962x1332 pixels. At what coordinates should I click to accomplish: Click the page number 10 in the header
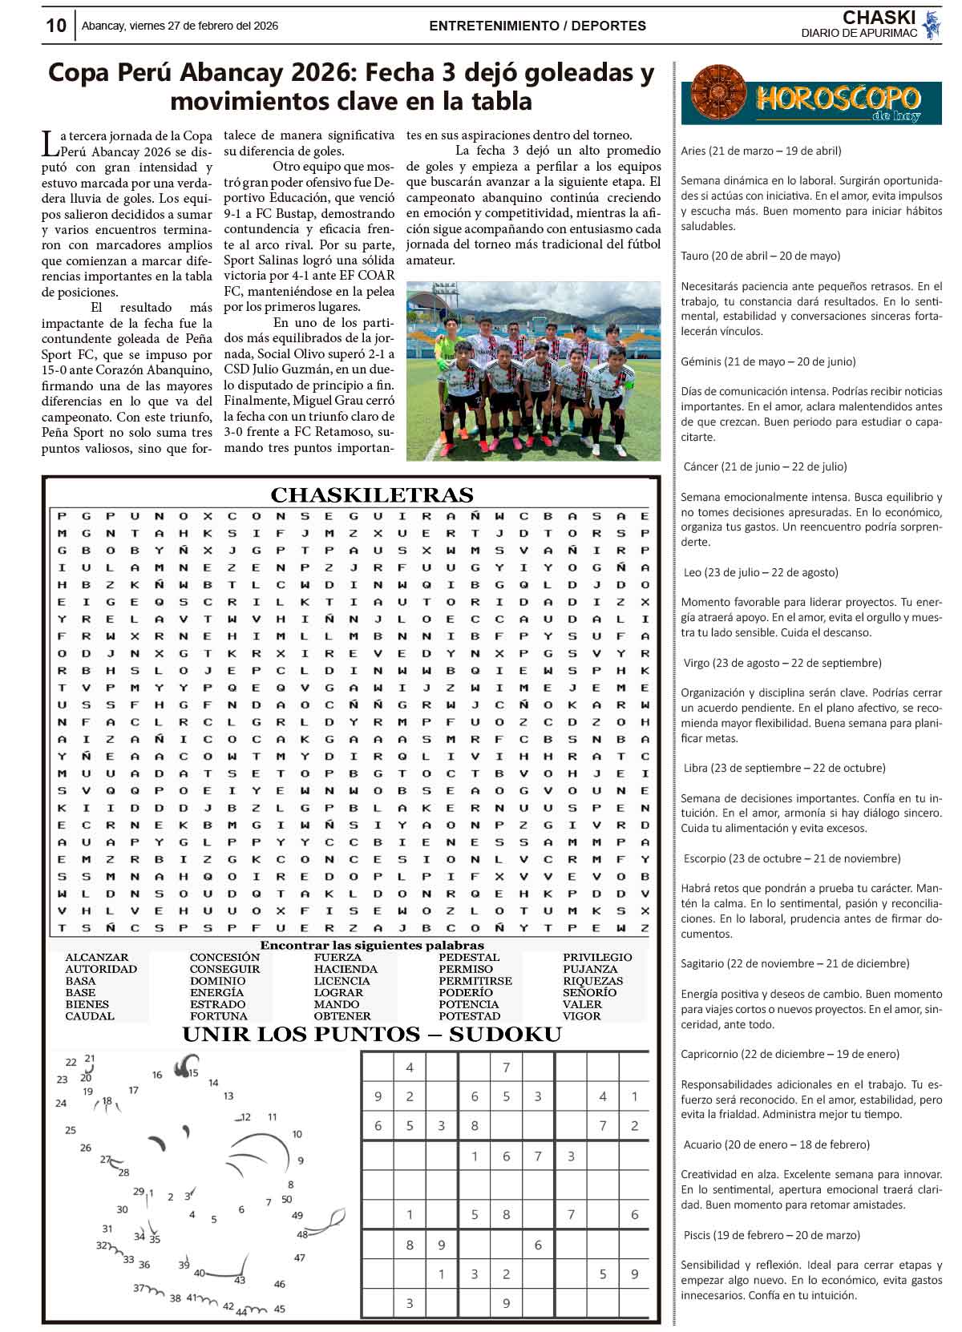[x=56, y=26]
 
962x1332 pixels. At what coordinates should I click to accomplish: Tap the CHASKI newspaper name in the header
[x=879, y=18]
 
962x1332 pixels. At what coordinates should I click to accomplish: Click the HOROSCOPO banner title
[x=837, y=99]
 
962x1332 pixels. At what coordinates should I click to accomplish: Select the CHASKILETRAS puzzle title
[x=372, y=494]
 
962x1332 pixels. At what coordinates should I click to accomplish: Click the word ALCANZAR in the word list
[x=96, y=957]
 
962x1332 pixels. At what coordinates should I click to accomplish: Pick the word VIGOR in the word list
[x=581, y=1016]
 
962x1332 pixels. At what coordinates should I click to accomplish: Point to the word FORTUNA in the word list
[x=218, y=1016]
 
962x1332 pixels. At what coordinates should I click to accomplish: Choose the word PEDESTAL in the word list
[x=469, y=957]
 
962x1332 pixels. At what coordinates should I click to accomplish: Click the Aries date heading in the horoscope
[x=761, y=151]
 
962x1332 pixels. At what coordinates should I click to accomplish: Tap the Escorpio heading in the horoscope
[x=791, y=858]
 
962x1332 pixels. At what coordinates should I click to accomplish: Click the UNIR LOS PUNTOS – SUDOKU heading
[x=372, y=1035]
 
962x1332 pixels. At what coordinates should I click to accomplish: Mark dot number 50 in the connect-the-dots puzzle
[x=287, y=1200]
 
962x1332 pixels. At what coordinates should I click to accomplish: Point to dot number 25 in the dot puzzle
[x=71, y=1130]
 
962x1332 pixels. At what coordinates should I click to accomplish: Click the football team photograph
[x=533, y=371]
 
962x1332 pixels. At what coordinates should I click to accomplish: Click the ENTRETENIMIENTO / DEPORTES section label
[x=537, y=26]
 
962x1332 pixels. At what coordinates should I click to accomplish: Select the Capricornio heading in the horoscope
[x=790, y=1054]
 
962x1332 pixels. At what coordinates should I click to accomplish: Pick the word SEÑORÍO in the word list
[x=589, y=992]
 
